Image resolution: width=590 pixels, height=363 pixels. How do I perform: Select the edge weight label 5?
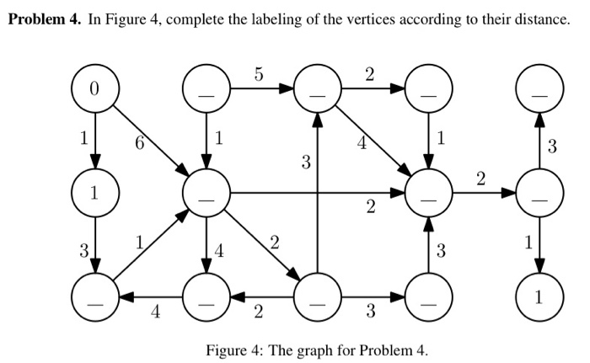[260, 74]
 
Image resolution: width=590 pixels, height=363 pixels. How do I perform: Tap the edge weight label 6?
[140, 144]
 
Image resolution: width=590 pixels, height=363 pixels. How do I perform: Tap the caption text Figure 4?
[233, 349]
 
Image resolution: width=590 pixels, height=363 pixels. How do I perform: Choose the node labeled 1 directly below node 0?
[94, 193]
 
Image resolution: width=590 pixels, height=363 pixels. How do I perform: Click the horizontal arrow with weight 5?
[261, 88]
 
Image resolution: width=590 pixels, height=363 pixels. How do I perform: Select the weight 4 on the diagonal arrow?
[362, 143]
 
